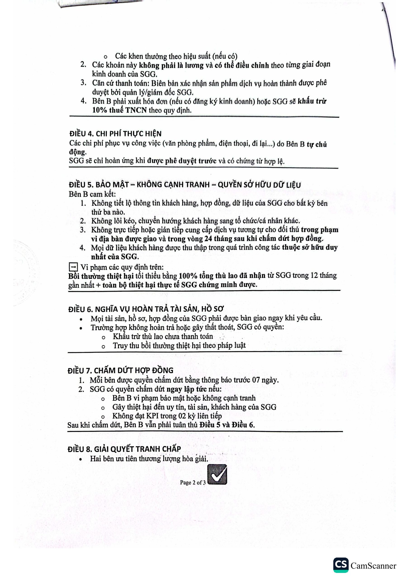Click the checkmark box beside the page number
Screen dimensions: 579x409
click(217, 474)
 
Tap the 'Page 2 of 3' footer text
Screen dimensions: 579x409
click(193, 482)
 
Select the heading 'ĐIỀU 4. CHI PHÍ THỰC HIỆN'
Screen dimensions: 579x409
click(115, 133)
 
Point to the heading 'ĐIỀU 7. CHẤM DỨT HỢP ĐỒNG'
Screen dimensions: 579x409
click(120, 370)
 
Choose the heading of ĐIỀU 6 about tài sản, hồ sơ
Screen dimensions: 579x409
click(146, 309)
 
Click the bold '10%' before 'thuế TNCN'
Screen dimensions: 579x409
click(100, 110)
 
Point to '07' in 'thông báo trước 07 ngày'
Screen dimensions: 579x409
click(256, 380)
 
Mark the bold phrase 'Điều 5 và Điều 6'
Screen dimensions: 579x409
click(227, 425)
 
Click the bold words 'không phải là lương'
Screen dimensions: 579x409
click(171, 65)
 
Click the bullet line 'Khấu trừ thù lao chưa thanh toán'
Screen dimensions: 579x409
click(163, 336)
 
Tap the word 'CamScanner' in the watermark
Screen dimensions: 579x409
click(373, 566)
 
